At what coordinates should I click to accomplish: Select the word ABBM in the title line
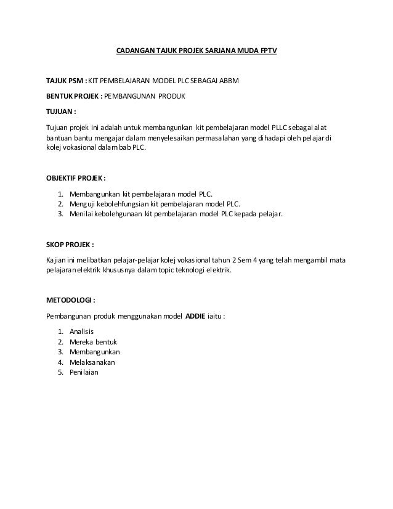232,81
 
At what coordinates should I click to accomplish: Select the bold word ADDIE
197,317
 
